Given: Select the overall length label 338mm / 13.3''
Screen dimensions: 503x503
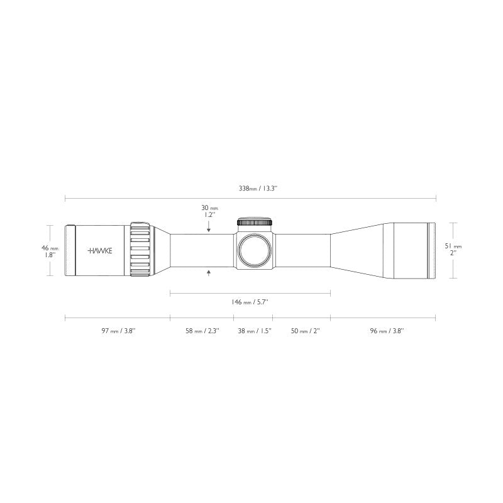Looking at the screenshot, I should point(251,188).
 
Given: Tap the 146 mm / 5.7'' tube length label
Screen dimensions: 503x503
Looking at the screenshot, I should point(250,302).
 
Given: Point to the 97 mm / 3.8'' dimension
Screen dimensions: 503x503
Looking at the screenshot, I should point(118,331).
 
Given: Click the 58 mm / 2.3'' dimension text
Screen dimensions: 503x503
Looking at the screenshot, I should point(201,331).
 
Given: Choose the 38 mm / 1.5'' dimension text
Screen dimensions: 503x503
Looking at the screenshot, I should point(254,331).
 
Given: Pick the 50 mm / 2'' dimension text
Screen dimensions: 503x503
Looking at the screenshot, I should point(302,331).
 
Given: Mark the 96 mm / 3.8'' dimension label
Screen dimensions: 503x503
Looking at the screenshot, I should point(385,331).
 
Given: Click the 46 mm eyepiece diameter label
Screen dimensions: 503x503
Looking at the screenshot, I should point(49,251).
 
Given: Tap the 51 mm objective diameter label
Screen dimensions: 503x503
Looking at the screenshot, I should point(453,250).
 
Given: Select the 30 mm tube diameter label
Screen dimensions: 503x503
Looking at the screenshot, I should point(209,211).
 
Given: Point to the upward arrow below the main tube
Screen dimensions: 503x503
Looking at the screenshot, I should point(209,272).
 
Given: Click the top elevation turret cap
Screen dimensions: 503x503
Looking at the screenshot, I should point(255,222).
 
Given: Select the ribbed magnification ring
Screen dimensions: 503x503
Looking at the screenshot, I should point(141,250).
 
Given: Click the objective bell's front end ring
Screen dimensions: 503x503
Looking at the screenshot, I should point(432,250).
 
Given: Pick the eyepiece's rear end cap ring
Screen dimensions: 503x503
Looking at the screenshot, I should point(71,250).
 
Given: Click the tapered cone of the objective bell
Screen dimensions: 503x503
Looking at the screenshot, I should point(362,250).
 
